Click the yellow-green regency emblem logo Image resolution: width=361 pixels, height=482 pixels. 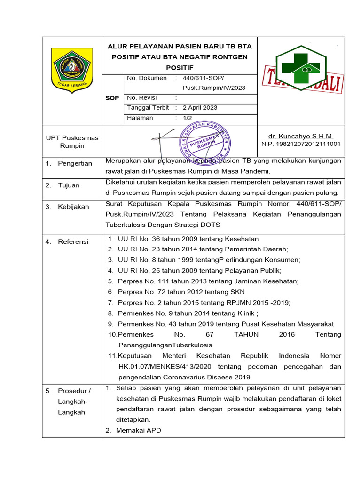(72, 70)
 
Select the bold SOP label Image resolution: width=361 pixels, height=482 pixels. (112, 98)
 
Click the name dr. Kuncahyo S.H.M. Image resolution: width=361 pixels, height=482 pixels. (301, 136)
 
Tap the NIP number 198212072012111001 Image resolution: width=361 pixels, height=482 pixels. (301, 144)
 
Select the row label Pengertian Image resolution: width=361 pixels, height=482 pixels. (75, 163)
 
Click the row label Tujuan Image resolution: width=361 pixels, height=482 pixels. (69, 185)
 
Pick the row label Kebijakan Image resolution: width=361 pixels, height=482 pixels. (73, 207)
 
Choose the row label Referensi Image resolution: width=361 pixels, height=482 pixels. (73, 241)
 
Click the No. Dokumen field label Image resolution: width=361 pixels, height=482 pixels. (147, 78)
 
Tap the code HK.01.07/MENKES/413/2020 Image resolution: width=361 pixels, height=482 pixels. (165, 367)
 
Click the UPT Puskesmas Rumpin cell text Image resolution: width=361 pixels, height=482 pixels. (72, 142)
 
